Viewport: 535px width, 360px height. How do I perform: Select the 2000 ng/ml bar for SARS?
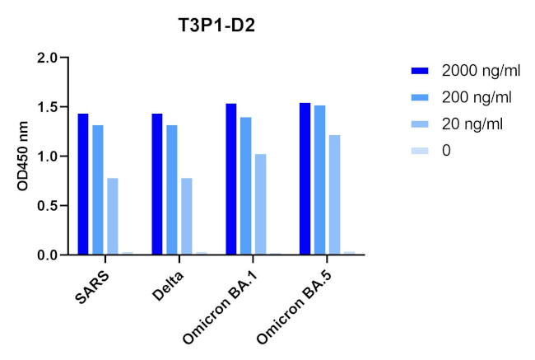[83, 185]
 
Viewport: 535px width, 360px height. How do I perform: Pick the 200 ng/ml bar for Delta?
[171, 190]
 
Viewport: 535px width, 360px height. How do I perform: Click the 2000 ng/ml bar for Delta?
[156, 185]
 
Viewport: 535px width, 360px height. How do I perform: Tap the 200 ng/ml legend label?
[477, 97]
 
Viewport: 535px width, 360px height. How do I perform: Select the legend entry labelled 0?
[445, 151]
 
